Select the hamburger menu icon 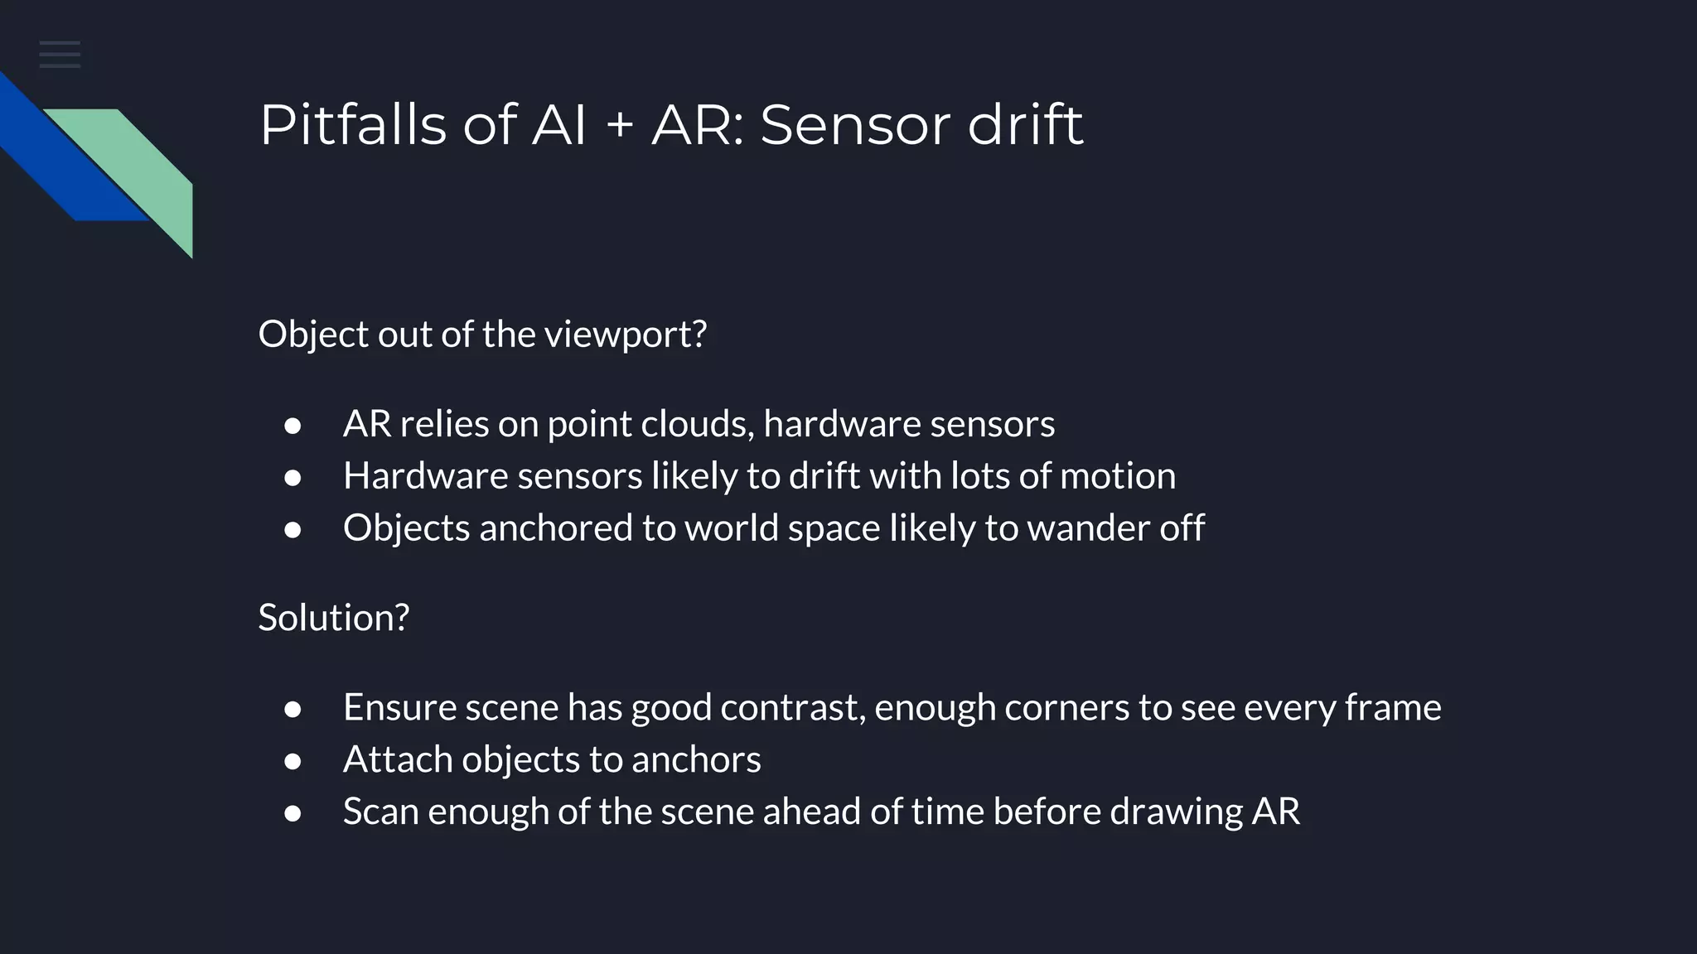pos(60,55)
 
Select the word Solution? pos(333,618)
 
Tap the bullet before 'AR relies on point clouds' pos(293,426)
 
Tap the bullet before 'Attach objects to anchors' pos(293,761)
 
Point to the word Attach pos(397,759)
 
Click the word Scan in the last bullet pos(380,812)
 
